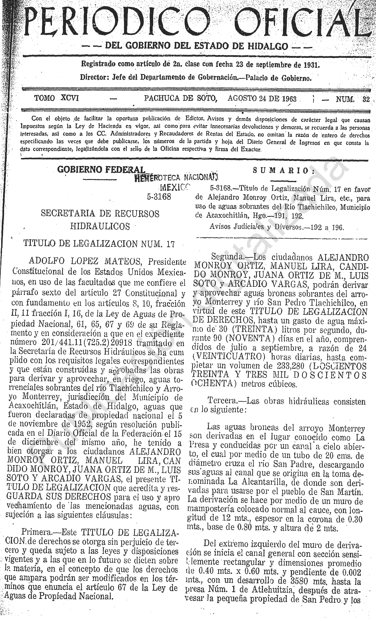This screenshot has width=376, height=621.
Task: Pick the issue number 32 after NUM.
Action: coord(366,99)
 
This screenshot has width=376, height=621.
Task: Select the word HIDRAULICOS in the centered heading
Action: coord(100,227)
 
